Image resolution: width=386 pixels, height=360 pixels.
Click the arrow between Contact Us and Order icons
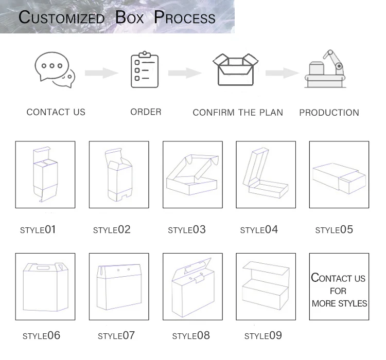(101, 73)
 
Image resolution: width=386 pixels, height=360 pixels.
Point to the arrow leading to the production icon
(282, 73)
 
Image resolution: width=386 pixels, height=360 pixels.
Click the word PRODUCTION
(329, 113)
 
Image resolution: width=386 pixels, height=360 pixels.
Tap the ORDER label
(146, 112)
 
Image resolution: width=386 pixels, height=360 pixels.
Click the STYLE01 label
(38, 229)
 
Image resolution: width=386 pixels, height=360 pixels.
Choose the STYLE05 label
(334, 229)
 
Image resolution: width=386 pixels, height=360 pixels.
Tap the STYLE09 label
(263, 336)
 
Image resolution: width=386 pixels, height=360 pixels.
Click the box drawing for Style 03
(192, 175)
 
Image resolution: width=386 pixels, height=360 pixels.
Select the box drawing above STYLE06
(45, 286)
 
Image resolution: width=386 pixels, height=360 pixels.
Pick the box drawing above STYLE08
(192, 286)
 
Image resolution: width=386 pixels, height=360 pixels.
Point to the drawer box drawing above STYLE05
(339, 175)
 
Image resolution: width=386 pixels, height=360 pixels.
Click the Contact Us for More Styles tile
(339, 286)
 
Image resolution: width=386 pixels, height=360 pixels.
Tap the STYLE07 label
(116, 336)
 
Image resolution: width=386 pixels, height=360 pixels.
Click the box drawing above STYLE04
(266, 175)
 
